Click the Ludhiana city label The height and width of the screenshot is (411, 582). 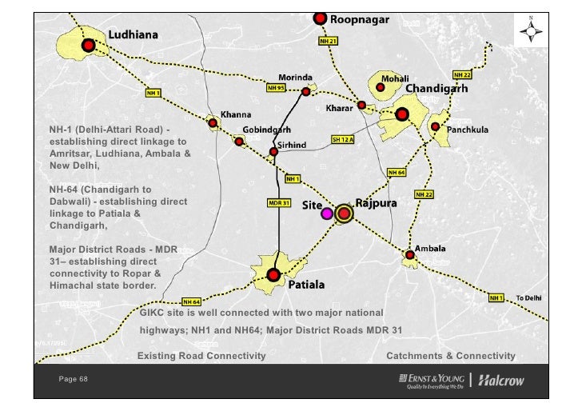133,35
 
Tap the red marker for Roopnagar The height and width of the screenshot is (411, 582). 320,18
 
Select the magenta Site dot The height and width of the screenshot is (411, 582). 326,213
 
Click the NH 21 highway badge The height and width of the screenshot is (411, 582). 329,40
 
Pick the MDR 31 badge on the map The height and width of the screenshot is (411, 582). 277,202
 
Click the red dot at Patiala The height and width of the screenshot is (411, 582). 273,275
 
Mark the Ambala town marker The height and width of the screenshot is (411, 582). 410,256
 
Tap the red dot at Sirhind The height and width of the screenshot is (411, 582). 273,151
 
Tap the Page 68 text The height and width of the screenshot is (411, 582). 73,378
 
